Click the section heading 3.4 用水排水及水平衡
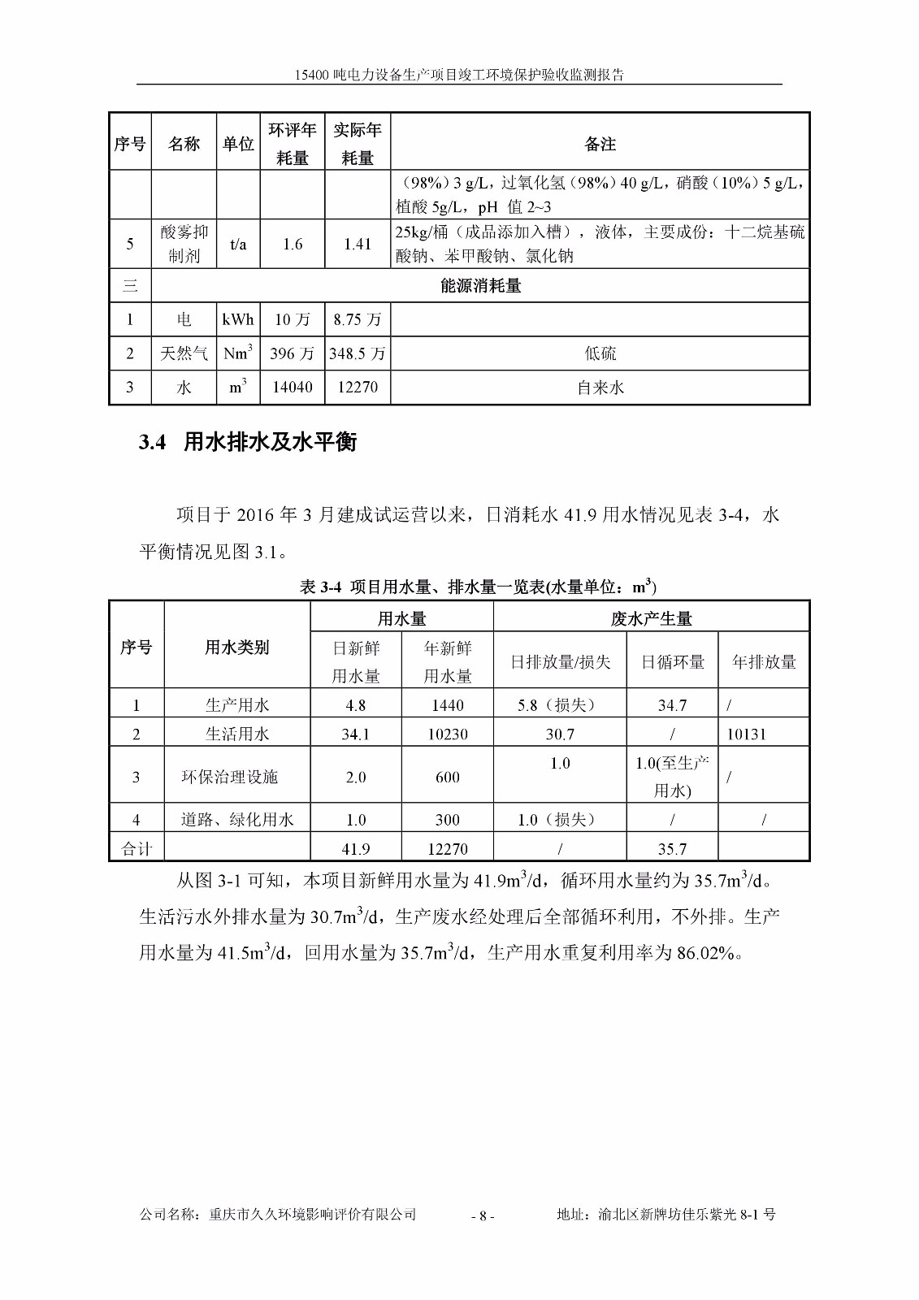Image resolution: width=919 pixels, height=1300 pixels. pyautogui.click(x=248, y=443)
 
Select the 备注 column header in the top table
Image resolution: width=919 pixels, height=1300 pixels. pyautogui.click(x=600, y=144)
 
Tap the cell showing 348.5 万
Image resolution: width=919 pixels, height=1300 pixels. pyautogui.click(x=358, y=353)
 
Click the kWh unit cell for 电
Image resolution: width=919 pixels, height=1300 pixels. pyautogui.click(x=238, y=319)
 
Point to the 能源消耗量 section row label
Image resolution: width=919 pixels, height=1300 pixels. pyautogui.click(x=480, y=286)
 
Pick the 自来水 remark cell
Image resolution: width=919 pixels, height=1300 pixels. pyautogui.click(x=600, y=388)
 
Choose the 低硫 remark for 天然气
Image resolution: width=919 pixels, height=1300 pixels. pyautogui.click(x=600, y=353)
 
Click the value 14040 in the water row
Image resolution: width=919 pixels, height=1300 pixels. pyautogui.click(x=293, y=388)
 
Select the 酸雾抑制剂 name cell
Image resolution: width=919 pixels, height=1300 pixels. pyautogui.click(x=184, y=244)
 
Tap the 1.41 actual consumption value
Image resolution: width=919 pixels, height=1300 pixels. pyautogui.click(x=358, y=244)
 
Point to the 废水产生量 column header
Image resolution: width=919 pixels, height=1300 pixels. pyautogui.click(x=651, y=618)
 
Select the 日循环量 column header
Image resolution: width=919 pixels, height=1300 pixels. pyautogui.click(x=672, y=662)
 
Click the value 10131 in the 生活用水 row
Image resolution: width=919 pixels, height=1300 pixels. pyautogui.click(x=746, y=734)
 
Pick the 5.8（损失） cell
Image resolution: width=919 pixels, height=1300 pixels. pyautogui.click(x=560, y=705)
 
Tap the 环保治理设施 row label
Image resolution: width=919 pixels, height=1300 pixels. pyautogui.click(x=229, y=777)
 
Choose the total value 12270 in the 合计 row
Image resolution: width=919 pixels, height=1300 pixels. pyautogui.click(x=447, y=849)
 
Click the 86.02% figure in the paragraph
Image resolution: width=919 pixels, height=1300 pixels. pyautogui.click(x=706, y=952)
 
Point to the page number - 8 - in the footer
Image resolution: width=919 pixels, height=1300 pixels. pyautogui.click(x=482, y=1216)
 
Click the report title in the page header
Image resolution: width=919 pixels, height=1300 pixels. pyautogui.click(x=459, y=75)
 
